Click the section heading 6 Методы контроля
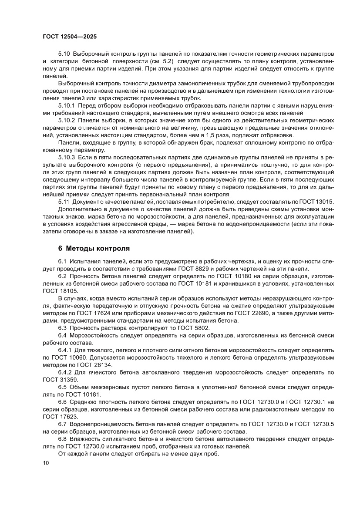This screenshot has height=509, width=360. click(x=94, y=249)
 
